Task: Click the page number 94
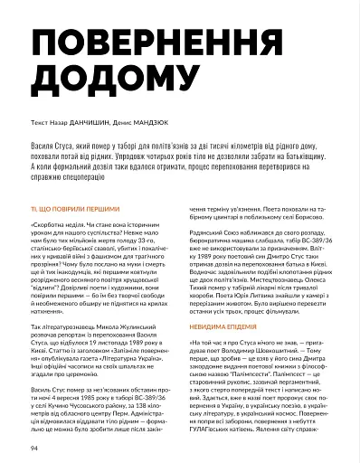tap(35, 447)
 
